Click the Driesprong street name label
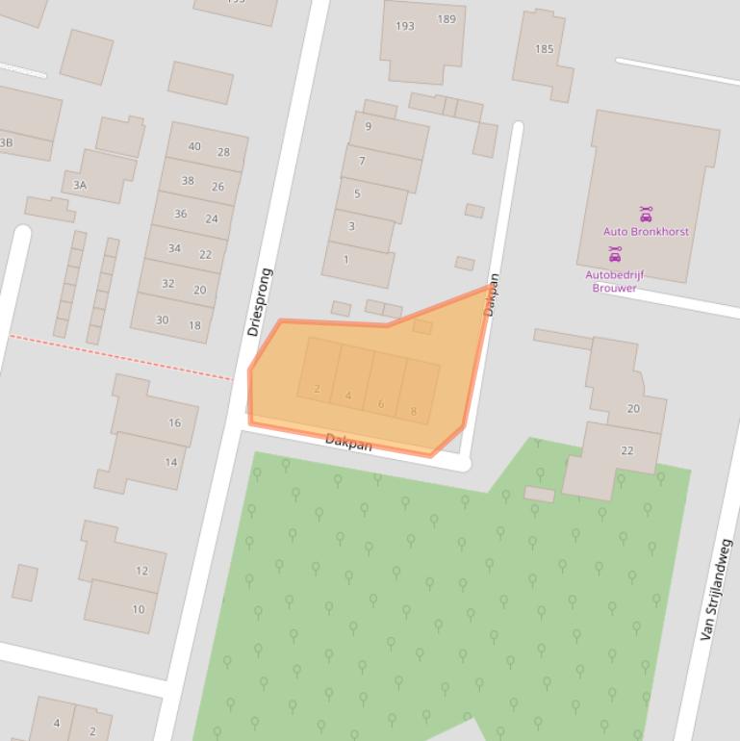260,301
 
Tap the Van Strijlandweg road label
717,590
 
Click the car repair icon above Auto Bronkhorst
646,215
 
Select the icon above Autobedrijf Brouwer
615,255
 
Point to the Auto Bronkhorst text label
646,232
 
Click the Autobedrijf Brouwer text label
614,281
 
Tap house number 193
405,26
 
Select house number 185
545,49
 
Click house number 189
447,19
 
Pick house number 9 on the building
368,126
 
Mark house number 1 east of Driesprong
346,259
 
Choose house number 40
194,147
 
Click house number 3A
80,185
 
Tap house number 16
174,422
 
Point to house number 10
139,609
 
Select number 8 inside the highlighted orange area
414,412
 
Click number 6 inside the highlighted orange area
381,404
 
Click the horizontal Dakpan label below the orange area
348,443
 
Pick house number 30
162,320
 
